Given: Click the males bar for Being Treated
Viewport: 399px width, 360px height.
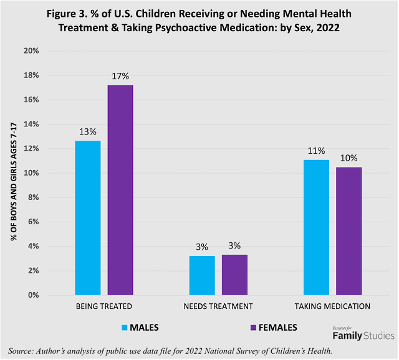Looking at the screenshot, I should tap(87, 217).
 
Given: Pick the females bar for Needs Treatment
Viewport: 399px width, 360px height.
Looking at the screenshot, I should tap(234, 274).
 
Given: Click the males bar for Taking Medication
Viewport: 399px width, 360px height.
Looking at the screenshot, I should tap(315, 227).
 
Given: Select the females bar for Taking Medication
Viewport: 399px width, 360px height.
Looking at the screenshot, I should tap(349, 230).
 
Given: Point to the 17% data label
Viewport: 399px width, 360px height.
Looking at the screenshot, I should tap(120, 76).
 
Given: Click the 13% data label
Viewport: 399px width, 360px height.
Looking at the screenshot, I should tap(87, 131).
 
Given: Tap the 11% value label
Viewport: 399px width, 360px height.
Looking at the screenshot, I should tap(315, 151).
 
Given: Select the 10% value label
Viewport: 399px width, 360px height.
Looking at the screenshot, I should tap(349, 158).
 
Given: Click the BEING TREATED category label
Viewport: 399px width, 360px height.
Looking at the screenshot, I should tap(103, 306).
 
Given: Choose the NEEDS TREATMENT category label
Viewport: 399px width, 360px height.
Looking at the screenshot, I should tap(218, 306).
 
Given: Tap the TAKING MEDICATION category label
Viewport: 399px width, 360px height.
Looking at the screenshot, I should tap(332, 306).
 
